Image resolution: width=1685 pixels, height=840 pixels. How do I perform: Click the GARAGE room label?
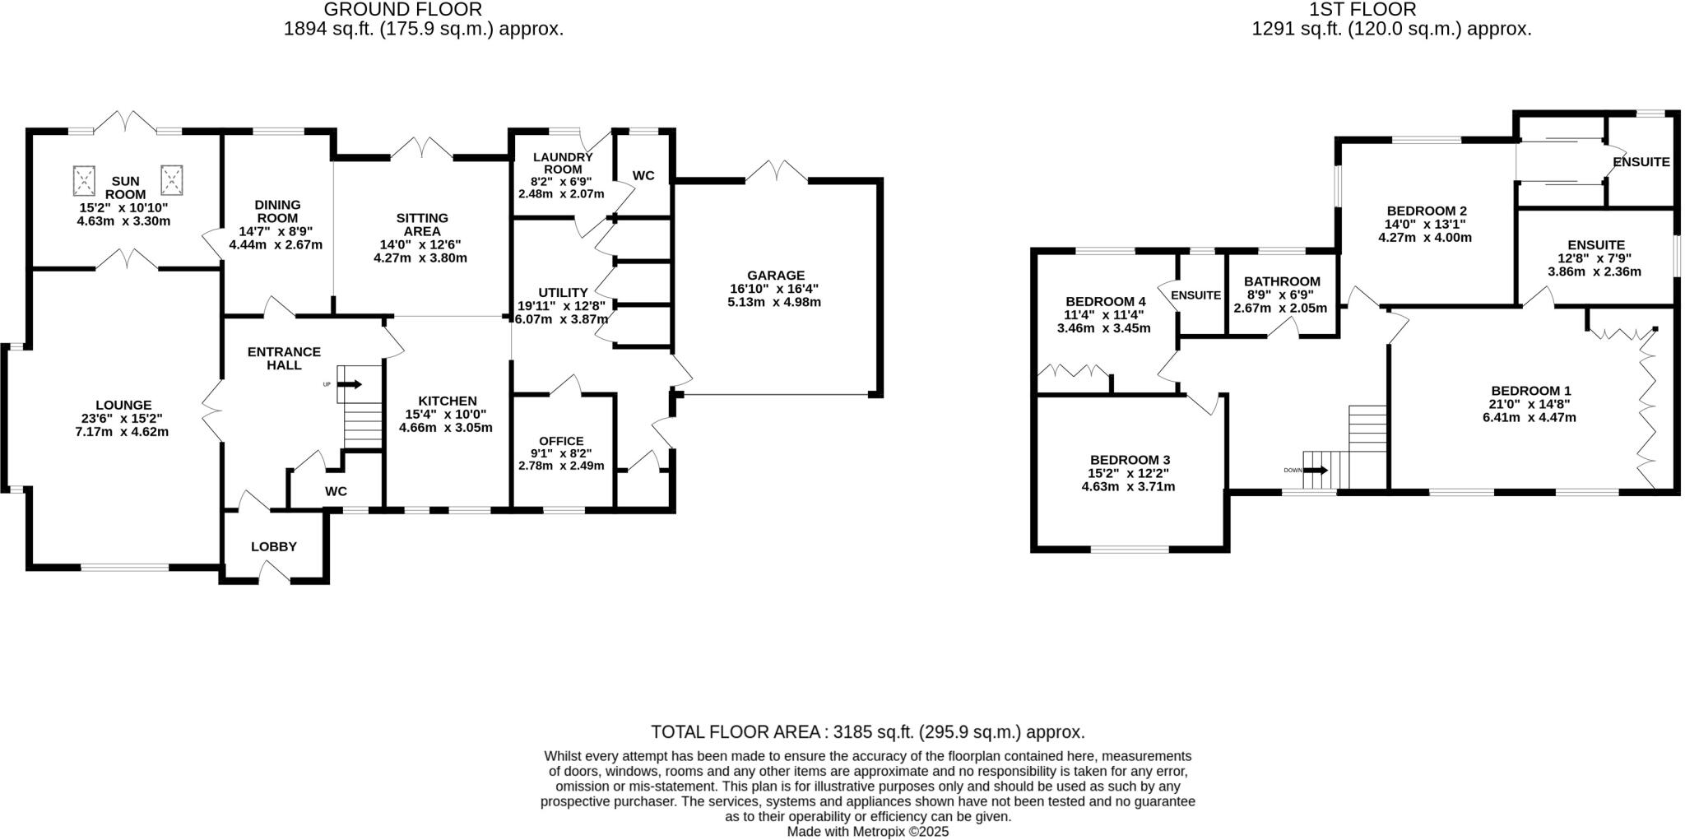click(775, 276)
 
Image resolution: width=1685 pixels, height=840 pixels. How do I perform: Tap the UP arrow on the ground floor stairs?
click(350, 384)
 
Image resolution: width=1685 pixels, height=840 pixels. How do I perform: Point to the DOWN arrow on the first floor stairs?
click(1316, 471)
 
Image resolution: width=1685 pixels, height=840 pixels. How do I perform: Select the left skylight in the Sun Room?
click(84, 179)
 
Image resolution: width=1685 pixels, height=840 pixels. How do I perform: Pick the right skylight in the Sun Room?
click(171, 179)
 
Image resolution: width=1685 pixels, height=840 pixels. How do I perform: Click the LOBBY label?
click(274, 546)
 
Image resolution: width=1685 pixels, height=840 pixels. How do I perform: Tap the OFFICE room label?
click(561, 441)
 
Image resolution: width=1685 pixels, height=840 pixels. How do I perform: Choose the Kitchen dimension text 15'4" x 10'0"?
click(445, 414)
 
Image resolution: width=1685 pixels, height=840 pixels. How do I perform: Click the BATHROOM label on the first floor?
click(1282, 281)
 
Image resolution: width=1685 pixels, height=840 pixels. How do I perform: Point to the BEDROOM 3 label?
click(1130, 460)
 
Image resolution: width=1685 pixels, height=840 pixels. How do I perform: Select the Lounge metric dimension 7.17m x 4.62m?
click(122, 431)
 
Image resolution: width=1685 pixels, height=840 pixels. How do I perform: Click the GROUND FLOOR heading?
click(402, 10)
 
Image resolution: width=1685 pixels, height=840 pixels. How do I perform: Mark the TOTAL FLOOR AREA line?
click(867, 731)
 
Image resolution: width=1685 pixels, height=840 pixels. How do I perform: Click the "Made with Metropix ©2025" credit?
click(867, 832)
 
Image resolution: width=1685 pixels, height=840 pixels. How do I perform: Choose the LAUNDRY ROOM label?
click(563, 163)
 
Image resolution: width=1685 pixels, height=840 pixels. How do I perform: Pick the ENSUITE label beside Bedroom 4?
click(1195, 295)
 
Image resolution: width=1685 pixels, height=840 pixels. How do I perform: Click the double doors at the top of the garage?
click(777, 171)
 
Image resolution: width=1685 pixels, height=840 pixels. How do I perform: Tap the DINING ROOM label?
click(277, 211)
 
